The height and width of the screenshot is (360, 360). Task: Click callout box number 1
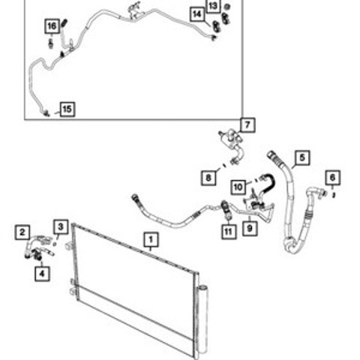pos(151,240)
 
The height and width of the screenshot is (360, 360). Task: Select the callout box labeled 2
pos(22,232)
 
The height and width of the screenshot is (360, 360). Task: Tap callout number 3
pos(61,226)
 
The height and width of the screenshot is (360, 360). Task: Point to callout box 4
pos(42,274)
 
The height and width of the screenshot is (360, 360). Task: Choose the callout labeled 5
pos(302,157)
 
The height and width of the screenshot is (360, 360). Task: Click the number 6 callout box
pos(332,178)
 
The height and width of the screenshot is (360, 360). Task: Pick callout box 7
pos(247,124)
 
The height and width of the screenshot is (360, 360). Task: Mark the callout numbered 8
pos(208,178)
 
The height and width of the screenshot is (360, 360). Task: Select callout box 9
pos(250,228)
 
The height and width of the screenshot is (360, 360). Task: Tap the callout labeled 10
pos(238,187)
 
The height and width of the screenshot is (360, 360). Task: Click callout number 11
pos(229,232)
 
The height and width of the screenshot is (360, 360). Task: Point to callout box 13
pos(213,6)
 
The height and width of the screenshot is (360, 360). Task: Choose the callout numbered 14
pos(197,14)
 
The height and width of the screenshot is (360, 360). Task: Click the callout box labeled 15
pos(67,109)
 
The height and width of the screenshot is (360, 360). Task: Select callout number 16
pos(52,26)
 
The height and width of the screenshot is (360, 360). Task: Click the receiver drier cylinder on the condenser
pos(202,322)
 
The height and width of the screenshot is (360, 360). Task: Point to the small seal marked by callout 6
pos(333,195)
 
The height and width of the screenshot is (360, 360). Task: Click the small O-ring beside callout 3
pos(55,244)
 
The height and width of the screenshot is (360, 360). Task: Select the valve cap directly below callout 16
pos(51,43)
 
